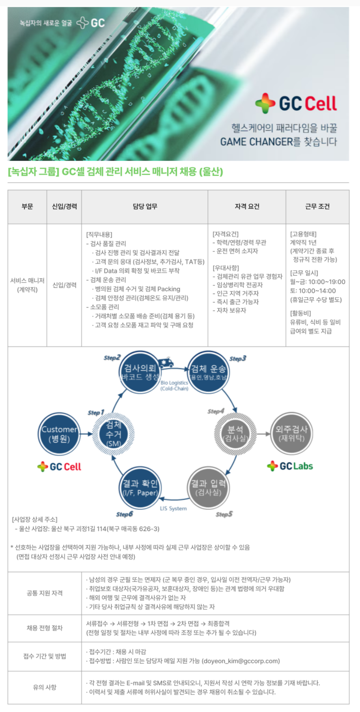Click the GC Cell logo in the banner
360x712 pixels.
pos(296,104)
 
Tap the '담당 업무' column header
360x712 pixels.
pos(145,207)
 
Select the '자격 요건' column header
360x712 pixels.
pos(247,207)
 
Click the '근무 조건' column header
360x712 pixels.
pos(317,207)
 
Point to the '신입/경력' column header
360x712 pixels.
pos(64,207)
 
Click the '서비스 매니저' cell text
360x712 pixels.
pos(27,280)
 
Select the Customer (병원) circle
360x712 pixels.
pos(59,434)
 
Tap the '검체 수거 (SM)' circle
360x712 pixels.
pos(114,434)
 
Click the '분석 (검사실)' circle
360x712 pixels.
pos(235,434)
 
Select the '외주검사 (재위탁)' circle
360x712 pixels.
pos(291,434)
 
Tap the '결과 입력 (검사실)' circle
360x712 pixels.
pos(209,488)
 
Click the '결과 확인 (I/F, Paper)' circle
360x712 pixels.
pos(140,488)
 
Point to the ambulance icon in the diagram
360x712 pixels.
pos(166,362)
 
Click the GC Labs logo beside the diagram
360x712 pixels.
pos(290,466)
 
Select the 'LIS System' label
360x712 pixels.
pos(173,508)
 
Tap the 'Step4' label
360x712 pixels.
pos(216,411)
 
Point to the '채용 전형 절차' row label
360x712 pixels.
pos(45,628)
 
